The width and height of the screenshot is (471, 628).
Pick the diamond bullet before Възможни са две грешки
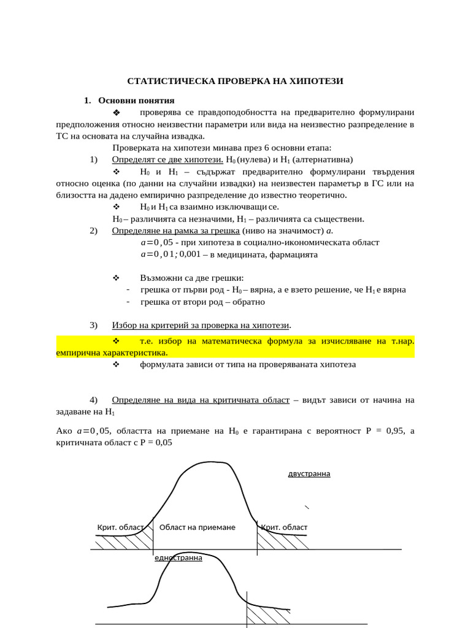click(x=117, y=277)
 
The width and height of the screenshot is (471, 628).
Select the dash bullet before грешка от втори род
click(x=128, y=302)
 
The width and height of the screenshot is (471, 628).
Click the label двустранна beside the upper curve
click(x=309, y=473)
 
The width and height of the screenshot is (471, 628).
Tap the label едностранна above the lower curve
click(x=178, y=558)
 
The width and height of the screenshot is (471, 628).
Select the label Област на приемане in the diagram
click(x=197, y=527)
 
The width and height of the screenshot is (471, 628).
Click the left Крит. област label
click(x=120, y=527)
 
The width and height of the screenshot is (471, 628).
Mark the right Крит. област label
click(x=284, y=527)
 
